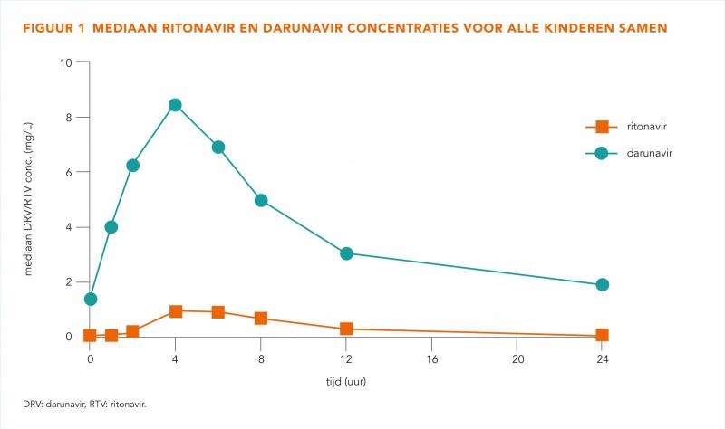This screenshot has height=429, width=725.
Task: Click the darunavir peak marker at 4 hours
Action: pos(175,105)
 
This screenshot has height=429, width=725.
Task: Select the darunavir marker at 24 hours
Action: pos(602,285)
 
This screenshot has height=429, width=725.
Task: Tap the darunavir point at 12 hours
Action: pos(346,253)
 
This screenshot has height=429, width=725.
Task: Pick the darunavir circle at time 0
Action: pos(90,299)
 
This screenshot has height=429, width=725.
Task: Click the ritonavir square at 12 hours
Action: pos(346,329)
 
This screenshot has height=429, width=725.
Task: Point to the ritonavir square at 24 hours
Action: pos(602,335)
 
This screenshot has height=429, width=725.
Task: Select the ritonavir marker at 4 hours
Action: pos(175,311)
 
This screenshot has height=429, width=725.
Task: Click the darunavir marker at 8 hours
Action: pos(261,200)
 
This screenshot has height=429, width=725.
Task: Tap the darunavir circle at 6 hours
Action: pos(217,147)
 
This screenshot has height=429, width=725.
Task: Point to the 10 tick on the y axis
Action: pos(67,62)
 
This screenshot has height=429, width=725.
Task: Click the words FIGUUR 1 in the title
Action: pos(52,29)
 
